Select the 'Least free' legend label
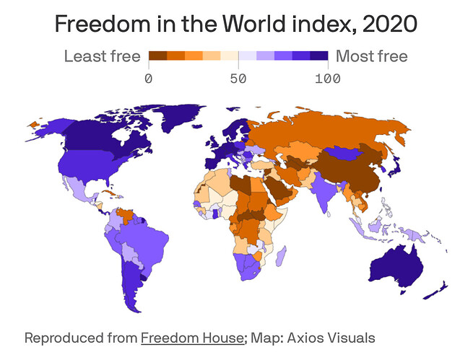click(x=102, y=56)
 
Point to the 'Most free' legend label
click(x=372, y=56)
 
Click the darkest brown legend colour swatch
click(x=157, y=56)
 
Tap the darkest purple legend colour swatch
click(x=319, y=56)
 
